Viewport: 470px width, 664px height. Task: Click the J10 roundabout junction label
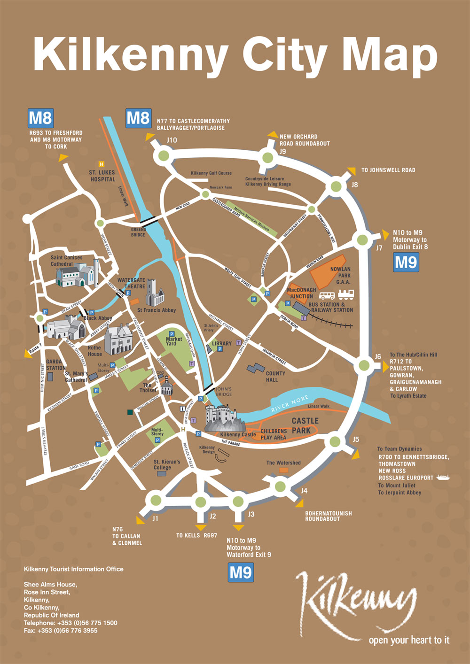pos(172,140)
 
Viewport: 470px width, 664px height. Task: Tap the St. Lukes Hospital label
pos(102,176)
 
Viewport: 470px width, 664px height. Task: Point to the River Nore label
pos(290,404)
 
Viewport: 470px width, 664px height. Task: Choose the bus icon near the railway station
pos(327,295)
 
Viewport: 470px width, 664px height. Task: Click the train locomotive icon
pos(345,294)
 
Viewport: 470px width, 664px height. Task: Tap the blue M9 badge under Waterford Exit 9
pos(241,572)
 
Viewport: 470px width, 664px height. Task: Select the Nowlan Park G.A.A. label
pos(340,276)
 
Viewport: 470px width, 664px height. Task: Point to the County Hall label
pos(275,377)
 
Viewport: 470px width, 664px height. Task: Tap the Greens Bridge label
pos(138,232)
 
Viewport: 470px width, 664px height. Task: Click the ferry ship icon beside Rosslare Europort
pos(443,478)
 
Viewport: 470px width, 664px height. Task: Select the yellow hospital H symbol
pos(102,164)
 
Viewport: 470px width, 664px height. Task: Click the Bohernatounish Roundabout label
pos(329,516)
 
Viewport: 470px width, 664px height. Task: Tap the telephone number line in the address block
pos(70,623)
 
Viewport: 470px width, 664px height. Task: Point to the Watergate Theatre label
pos(131,283)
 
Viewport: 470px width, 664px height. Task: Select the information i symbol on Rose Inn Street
pos(183,409)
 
